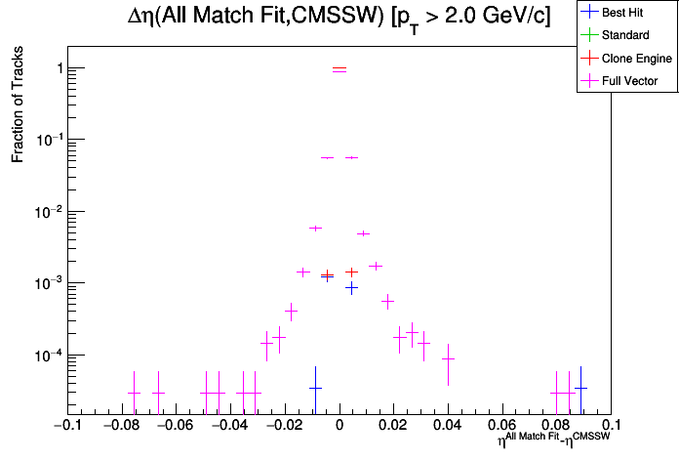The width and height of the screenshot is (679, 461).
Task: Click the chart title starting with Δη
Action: pyautogui.click(x=339, y=17)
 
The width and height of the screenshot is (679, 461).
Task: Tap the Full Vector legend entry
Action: pyautogui.click(x=629, y=81)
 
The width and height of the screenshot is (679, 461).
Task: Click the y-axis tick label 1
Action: pyautogui.click(x=60, y=68)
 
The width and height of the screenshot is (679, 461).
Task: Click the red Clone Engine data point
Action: pyautogui.click(x=351, y=272)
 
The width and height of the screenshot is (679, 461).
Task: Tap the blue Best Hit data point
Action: pyautogui.click(x=351, y=288)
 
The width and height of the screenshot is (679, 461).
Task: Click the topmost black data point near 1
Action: pyautogui.click(x=339, y=69)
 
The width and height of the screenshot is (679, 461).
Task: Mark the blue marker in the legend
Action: pyautogui.click(x=589, y=14)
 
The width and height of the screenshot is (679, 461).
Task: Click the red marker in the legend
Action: pyautogui.click(x=589, y=59)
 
